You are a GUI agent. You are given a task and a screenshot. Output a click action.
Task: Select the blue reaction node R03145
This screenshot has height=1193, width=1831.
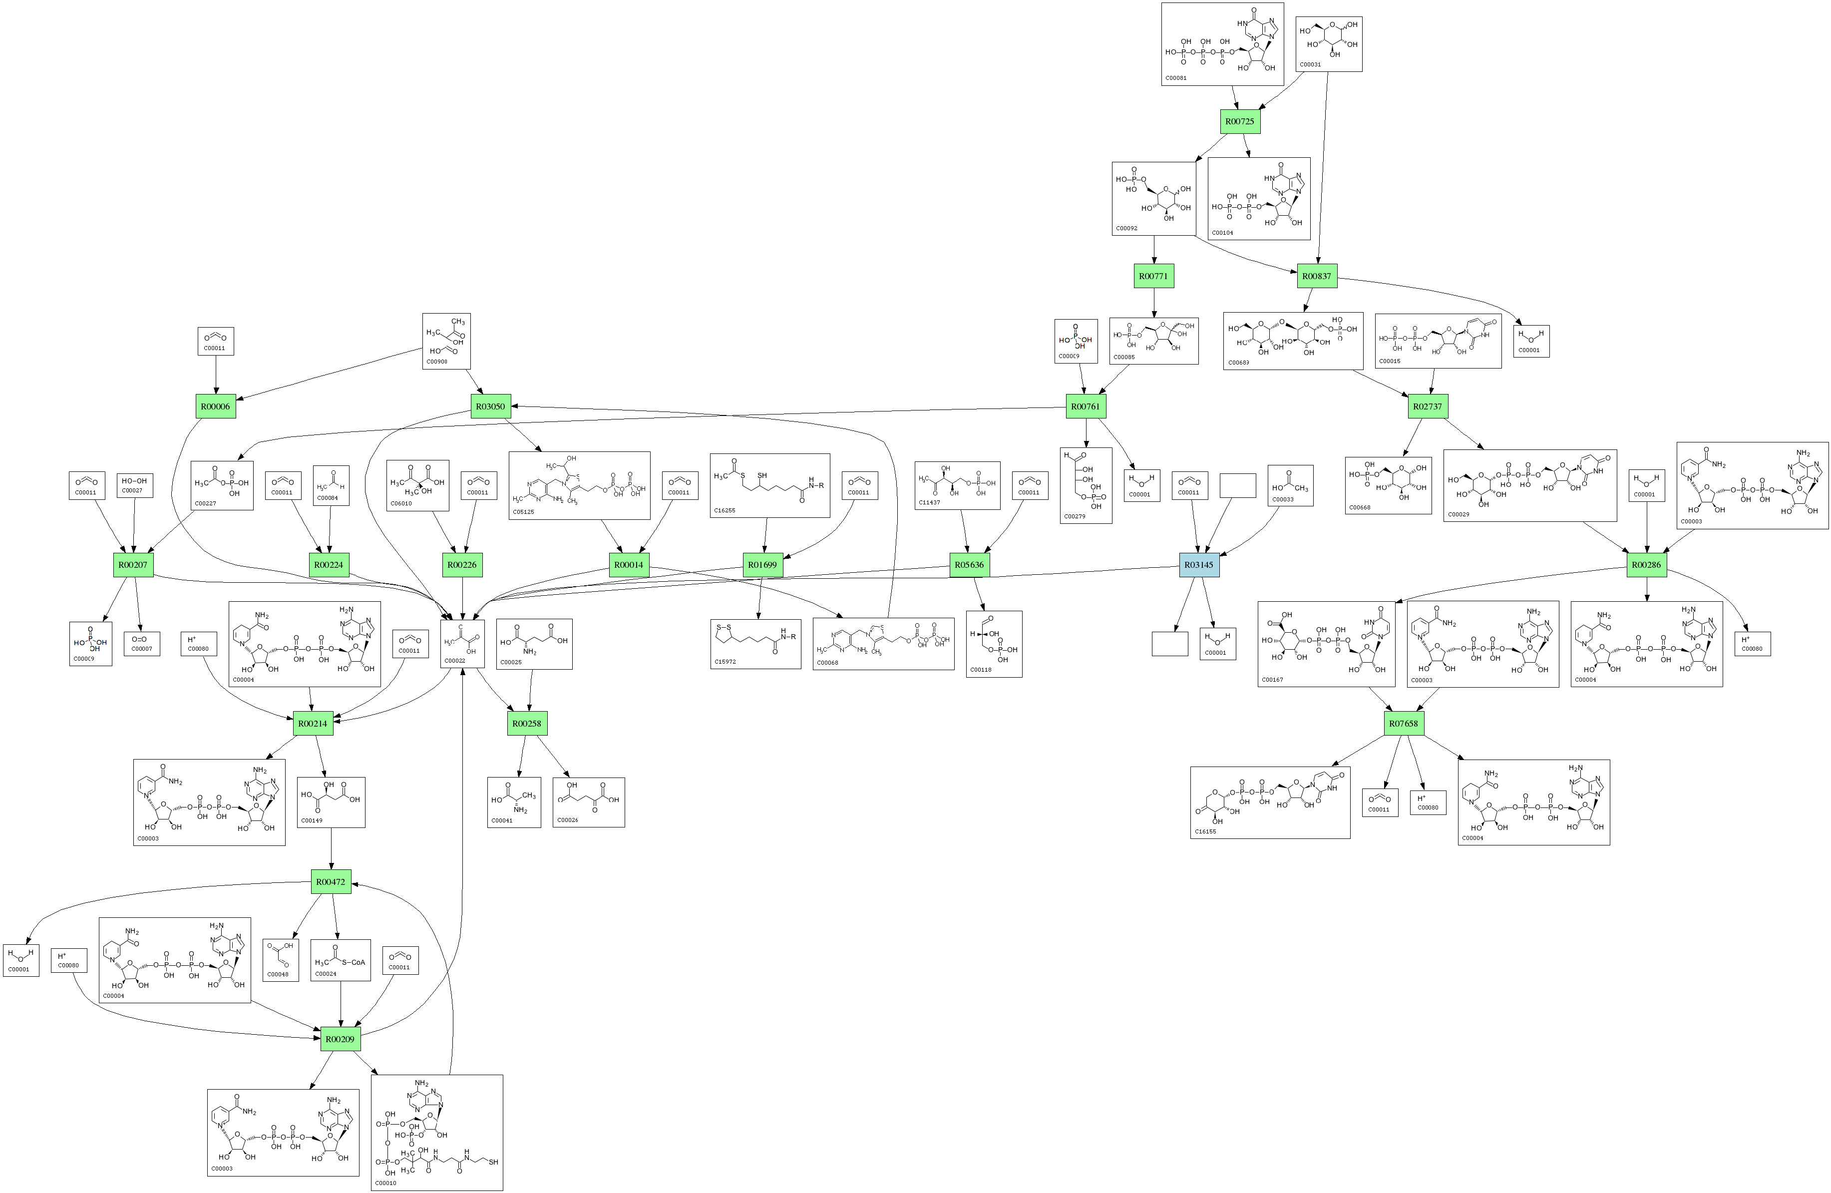pos(1198,565)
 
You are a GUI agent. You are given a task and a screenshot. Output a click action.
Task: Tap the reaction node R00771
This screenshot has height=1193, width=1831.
pos(1154,275)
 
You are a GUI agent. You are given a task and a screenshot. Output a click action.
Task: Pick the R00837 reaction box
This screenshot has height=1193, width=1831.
pos(1316,275)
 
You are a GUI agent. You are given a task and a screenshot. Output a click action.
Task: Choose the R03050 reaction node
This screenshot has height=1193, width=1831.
pos(490,406)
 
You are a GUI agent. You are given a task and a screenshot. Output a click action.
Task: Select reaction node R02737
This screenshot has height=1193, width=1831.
pos(1427,406)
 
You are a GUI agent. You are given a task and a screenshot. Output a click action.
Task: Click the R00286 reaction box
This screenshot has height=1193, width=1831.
pos(1646,565)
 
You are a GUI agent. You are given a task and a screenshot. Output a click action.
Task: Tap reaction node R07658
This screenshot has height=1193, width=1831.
pos(1403,723)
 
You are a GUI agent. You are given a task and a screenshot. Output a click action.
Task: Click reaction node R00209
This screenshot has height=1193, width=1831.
pos(340,1039)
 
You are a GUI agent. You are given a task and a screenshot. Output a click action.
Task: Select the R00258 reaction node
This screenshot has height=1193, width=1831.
pos(527,723)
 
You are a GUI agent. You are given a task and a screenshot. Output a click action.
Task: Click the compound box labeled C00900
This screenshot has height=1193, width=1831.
pos(446,341)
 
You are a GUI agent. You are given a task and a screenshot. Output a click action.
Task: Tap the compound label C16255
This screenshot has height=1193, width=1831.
pos(725,510)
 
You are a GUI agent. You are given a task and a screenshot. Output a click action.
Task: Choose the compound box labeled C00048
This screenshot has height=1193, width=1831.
pos(280,959)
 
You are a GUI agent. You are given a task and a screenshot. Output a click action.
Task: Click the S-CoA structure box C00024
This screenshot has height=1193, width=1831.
pos(340,959)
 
